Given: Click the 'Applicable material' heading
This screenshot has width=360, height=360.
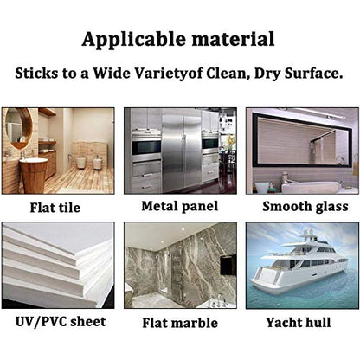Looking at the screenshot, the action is coord(178,40).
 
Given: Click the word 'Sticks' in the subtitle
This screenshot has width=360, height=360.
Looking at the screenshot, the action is coord(36,74).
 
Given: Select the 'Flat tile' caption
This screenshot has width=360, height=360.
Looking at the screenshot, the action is coord(55,208).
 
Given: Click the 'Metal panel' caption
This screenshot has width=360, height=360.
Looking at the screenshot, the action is coord(180,207).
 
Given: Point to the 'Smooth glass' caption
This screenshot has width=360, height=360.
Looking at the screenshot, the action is coord(305,207).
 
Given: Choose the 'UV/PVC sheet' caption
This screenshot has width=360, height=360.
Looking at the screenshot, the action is coord(61,322).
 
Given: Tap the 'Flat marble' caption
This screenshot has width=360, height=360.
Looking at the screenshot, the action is coord(180,323).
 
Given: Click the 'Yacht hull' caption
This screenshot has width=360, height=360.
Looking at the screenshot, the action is coord(299,323).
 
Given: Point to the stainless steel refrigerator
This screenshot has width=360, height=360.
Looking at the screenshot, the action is coord(182,153).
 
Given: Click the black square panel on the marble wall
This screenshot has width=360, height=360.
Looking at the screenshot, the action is coord(228,265).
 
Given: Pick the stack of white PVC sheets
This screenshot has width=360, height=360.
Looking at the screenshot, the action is coord(58,266).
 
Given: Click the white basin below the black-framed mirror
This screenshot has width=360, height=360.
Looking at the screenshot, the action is coord(310,188).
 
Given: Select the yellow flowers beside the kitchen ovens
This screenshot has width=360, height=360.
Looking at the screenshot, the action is coord(230,142).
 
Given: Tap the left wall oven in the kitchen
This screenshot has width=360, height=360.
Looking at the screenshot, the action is coord(146,146).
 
